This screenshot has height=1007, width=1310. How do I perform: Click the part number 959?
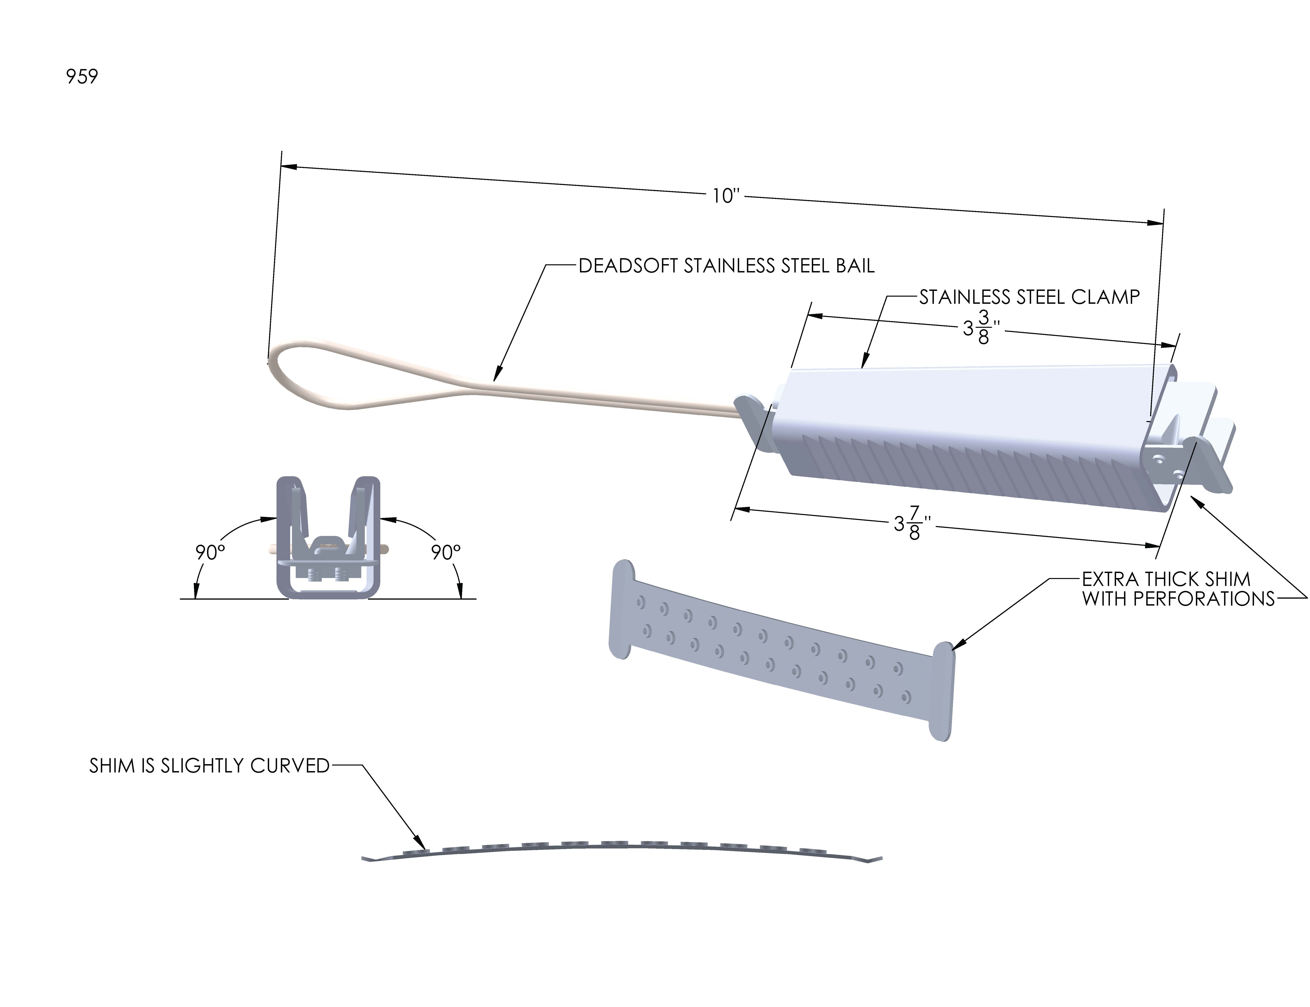(82, 77)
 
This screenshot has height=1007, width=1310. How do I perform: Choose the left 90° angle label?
(210, 552)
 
